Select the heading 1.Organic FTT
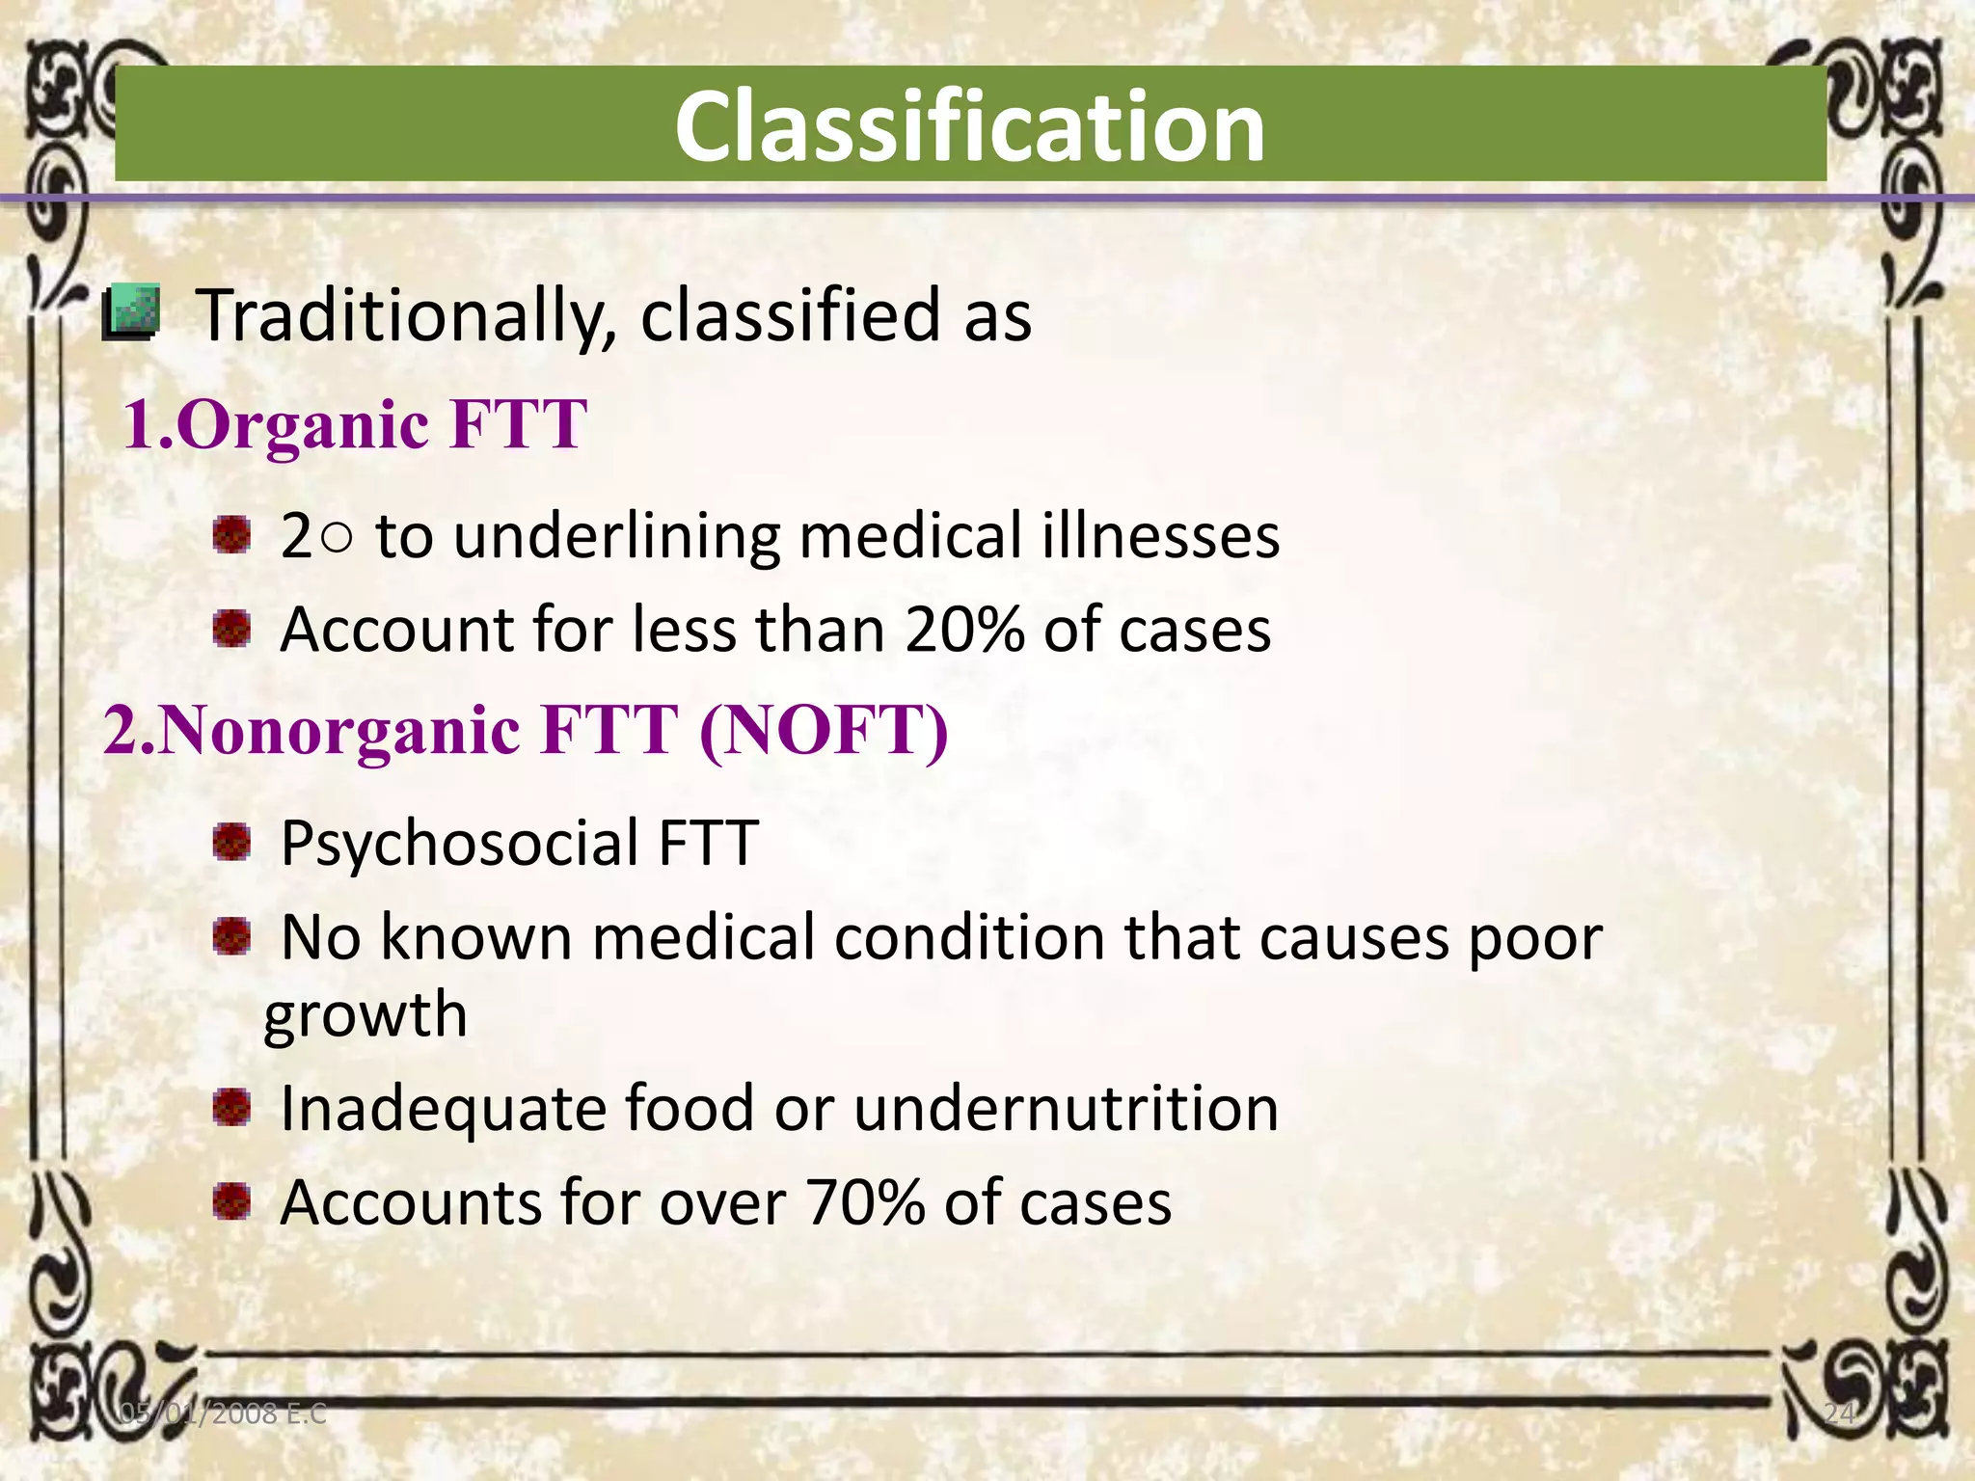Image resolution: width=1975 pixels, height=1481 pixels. point(355,424)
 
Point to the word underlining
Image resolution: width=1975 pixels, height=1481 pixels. point(616,536)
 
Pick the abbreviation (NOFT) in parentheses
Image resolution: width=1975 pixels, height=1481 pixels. point(824,730)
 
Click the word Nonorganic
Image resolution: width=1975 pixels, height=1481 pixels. point(338,730)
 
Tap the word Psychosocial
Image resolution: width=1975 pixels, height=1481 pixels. point(459,844)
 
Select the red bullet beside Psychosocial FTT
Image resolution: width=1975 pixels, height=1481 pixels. point(231,841)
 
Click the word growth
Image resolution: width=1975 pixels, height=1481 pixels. point(365,1015)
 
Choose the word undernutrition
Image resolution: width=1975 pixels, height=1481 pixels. point(1066,1108)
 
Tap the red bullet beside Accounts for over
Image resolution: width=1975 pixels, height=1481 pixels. point(231,1201)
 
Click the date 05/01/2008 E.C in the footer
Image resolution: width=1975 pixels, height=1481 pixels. point(223,1414)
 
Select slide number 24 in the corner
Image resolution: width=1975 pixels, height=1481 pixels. point(1839,1414)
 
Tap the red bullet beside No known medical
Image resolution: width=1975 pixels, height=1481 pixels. point(231,934)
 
